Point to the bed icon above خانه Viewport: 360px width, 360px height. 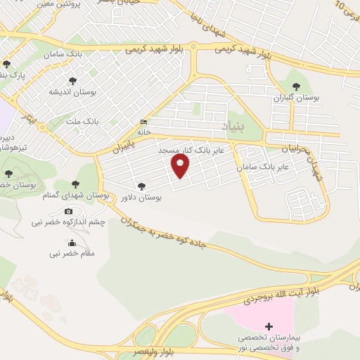pyautogui.click(x=144, y=121)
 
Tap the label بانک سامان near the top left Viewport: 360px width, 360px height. pyautogui.click(x=58, y=54)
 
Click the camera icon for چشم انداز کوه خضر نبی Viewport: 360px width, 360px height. pyautogui.click(x=68, y=211)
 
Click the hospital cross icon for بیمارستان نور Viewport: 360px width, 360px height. pyautogui.click(x=269, y=327)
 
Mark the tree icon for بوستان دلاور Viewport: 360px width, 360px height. pyautogui.click(x=142, y=186)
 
